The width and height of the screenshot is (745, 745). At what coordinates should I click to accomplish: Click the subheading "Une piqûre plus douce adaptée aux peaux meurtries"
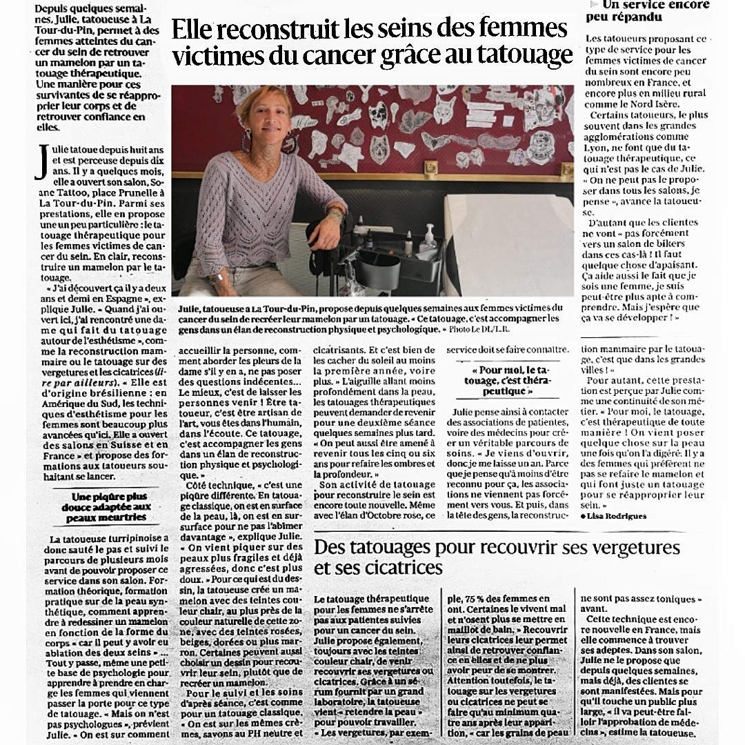pyautogui.click(x=109, y=506)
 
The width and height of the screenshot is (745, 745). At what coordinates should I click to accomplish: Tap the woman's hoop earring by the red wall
pyautogui.click(x=246, y=142)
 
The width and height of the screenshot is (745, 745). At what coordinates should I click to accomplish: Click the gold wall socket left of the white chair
pyautogui.click(x=430, y=168)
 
